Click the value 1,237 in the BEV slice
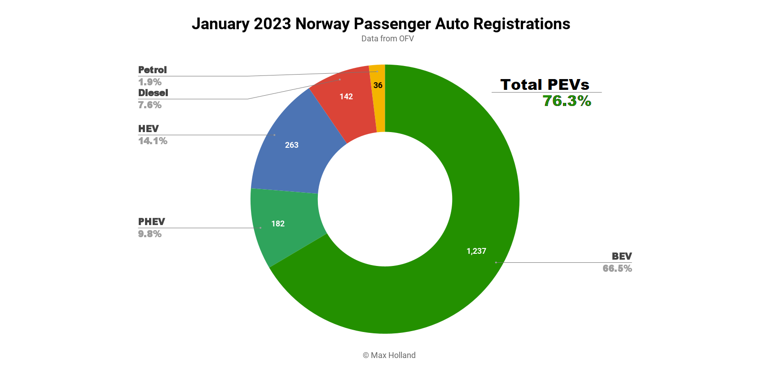pyautogui.click(x=476, y=251)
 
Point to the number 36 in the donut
pyautogui.click(x=378, y=85)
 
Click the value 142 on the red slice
pyautogui.click(x=346, y=97)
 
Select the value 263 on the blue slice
pyautogui.click(x=292, y=145)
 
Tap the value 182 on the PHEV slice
pyautogui.click(x=278, y=224)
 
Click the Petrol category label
pyautogui.click(x=153, y=70)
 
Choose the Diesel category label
pyautogui.click(x=153, y=93)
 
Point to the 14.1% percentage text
pyautogui.click(x=153, y=141)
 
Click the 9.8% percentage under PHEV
pyautogui.click(x=150, y=234)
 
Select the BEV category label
pyautogui.click(x=622, y=257)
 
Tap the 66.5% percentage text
pyautogui.click(x=617, y=269)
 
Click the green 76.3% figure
pyautogui.click(x=567, y=101)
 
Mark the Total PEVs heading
pyautogui.click(x=545, y=84)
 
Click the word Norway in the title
pyautogui.click(x=322, y=24)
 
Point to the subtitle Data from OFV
pyautogui.click(x=387, y=39)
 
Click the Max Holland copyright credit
pyautogui.click(x=389, y=355)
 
